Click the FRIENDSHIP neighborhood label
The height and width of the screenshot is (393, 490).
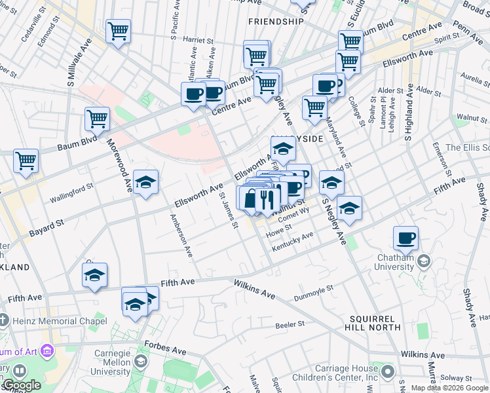(276, 22)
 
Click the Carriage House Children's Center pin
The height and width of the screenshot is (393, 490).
(388, 372)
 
